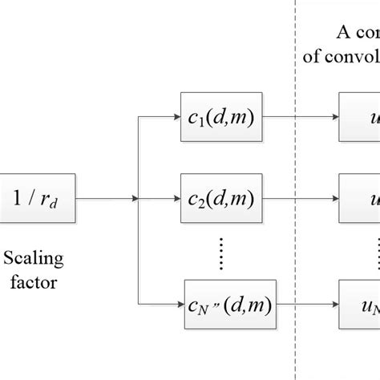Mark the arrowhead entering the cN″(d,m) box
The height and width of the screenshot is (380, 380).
click(x=178, y=305)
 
